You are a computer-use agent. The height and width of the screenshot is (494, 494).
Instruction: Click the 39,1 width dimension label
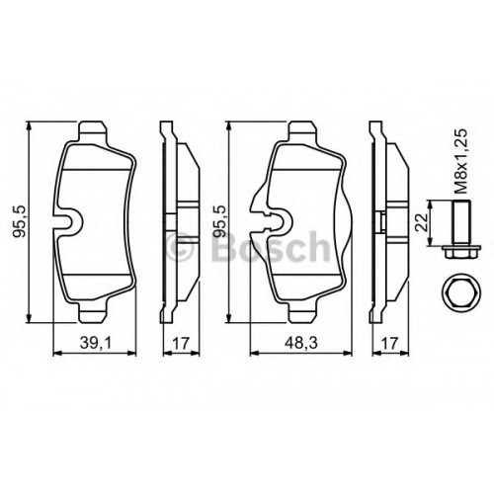[96, 343]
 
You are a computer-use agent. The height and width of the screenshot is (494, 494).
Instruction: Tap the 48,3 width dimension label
[301, 343]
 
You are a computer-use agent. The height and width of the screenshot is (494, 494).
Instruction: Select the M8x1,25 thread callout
[461, 161]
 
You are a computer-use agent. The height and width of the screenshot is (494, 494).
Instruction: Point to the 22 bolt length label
[422, 222]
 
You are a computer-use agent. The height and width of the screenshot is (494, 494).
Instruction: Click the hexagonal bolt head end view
[461, 293]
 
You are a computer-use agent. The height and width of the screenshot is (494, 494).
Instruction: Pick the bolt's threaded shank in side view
[462, 222]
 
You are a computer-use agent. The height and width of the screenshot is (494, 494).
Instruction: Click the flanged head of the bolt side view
[462, 252]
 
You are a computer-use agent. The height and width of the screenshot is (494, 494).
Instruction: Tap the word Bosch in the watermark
[270, 246]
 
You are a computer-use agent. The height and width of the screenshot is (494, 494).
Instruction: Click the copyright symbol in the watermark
[179, 246]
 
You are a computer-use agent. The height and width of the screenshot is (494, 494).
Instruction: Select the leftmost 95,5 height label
[20, 222]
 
